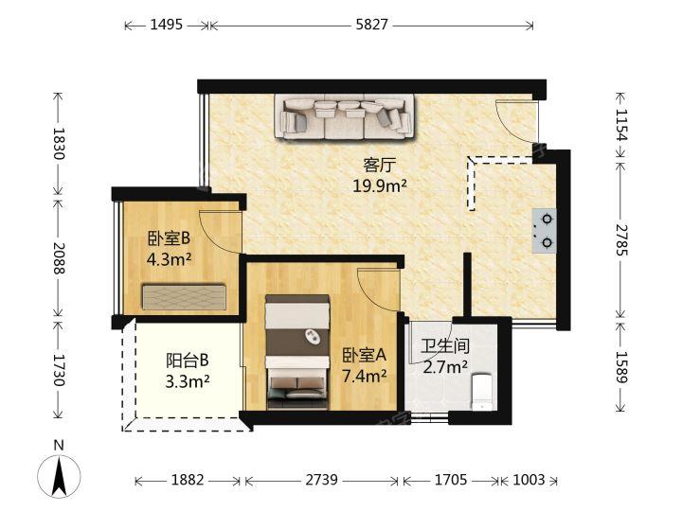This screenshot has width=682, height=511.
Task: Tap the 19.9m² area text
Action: point(380,186)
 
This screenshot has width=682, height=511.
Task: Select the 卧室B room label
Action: point(170,238)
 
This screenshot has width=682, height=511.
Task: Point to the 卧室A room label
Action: point(364,356)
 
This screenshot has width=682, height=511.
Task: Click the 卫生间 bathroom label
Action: point(445,346)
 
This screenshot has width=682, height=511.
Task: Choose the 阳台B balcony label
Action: point(188,361)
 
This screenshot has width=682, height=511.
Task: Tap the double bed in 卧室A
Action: point(297,352)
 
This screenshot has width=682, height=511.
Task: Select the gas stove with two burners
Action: point(544,231)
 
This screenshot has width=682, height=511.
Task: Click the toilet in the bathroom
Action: point(482,392)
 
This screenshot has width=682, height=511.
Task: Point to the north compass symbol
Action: point(59,470)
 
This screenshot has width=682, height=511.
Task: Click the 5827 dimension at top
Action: point(371,25)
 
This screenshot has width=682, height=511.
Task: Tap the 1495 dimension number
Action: point(166,25)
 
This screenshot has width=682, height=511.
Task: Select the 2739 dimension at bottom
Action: point(321,480)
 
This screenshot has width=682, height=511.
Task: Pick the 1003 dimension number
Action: point(529,480)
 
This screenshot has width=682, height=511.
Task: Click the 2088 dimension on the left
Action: point(59,257)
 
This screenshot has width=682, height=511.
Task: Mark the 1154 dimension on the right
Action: point(621,125)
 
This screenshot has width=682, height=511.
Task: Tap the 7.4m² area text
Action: point(364,376)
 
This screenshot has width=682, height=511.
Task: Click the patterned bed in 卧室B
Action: point(184,297)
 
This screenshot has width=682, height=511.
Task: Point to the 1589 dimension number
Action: point(621,367)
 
